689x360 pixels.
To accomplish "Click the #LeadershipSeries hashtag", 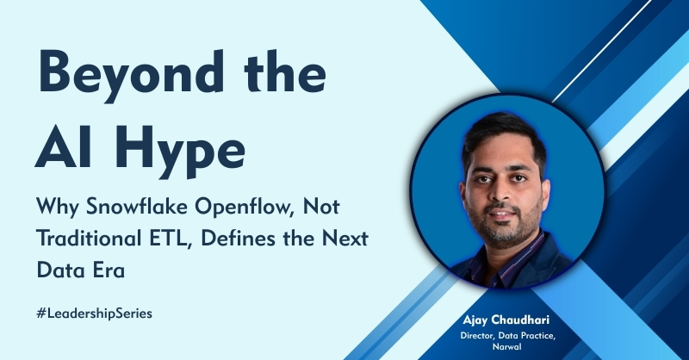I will pos(95,313).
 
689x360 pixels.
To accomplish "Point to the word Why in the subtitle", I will pos(58,208).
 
